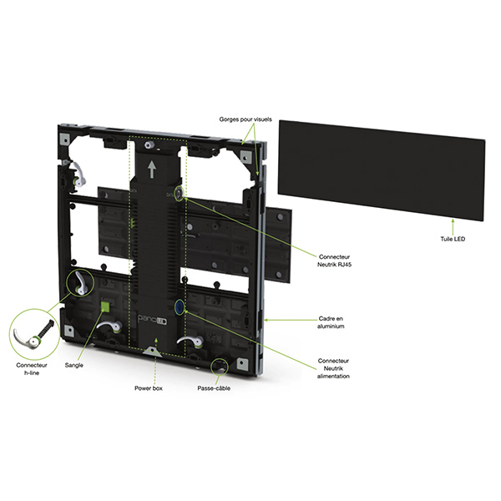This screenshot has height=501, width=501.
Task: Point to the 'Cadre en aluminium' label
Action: [337, 322]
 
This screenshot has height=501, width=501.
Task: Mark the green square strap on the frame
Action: [106, 306]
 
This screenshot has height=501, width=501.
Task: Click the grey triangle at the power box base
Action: [152, 352]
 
